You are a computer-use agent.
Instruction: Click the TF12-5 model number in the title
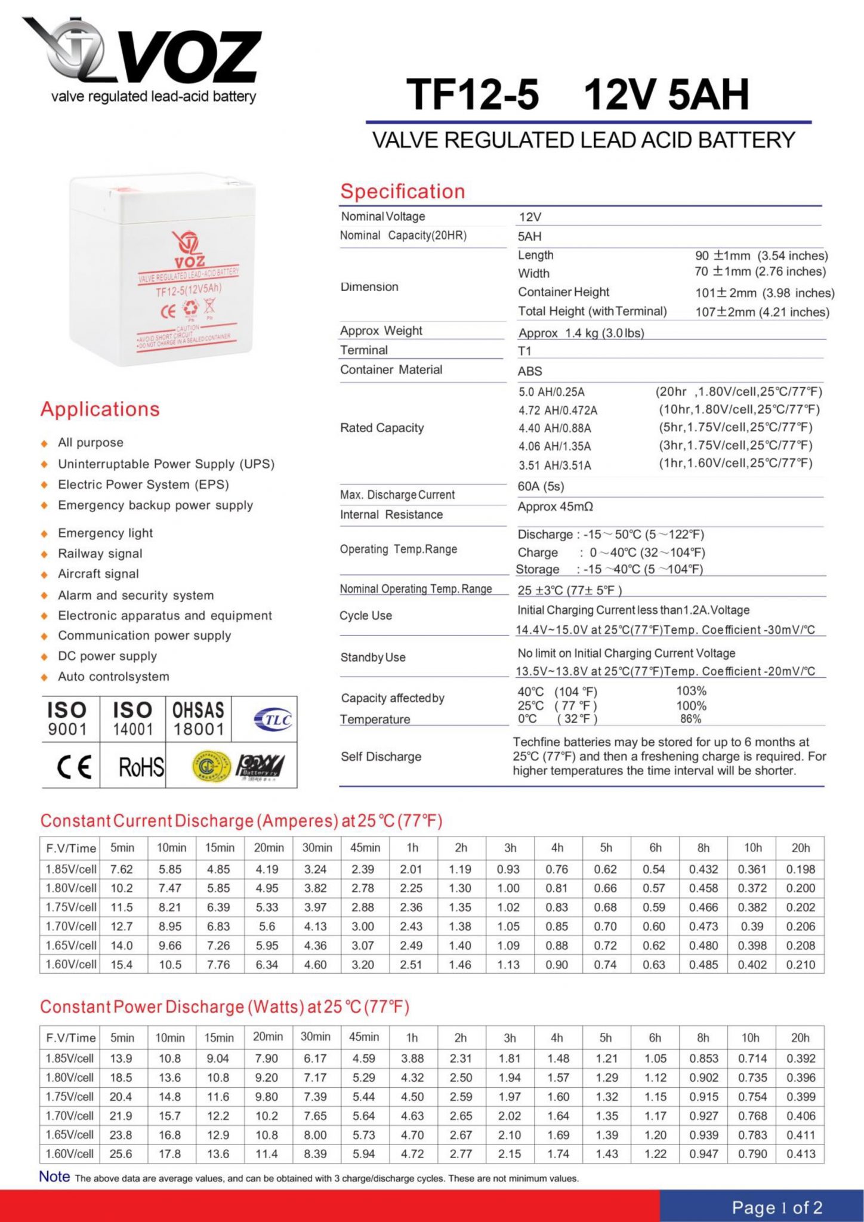[473, 95]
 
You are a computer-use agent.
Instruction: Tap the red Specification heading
[402, 192]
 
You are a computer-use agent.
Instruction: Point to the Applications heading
[100, 409]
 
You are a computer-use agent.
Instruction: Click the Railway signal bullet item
[100, 554]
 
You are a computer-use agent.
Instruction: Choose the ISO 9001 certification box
[67, 719]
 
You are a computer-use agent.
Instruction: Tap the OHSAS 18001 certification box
[198, 719]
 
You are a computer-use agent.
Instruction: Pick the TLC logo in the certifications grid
[273, 720]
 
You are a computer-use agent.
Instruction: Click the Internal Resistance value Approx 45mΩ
[555, 507]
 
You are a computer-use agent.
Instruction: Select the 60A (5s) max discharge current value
[541, 486]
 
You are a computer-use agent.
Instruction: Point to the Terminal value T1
[524, 351]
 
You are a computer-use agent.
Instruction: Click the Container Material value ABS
[530, 371]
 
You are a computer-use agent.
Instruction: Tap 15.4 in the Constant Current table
[121, 965]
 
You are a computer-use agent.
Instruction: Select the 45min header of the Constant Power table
[364, 1037]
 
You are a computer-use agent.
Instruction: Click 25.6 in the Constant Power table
[121, 1154]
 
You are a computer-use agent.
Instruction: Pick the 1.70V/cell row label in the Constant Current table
[71, 927]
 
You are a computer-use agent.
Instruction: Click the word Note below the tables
[54, 1177]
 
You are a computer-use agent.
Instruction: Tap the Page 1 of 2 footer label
[777, 1208]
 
